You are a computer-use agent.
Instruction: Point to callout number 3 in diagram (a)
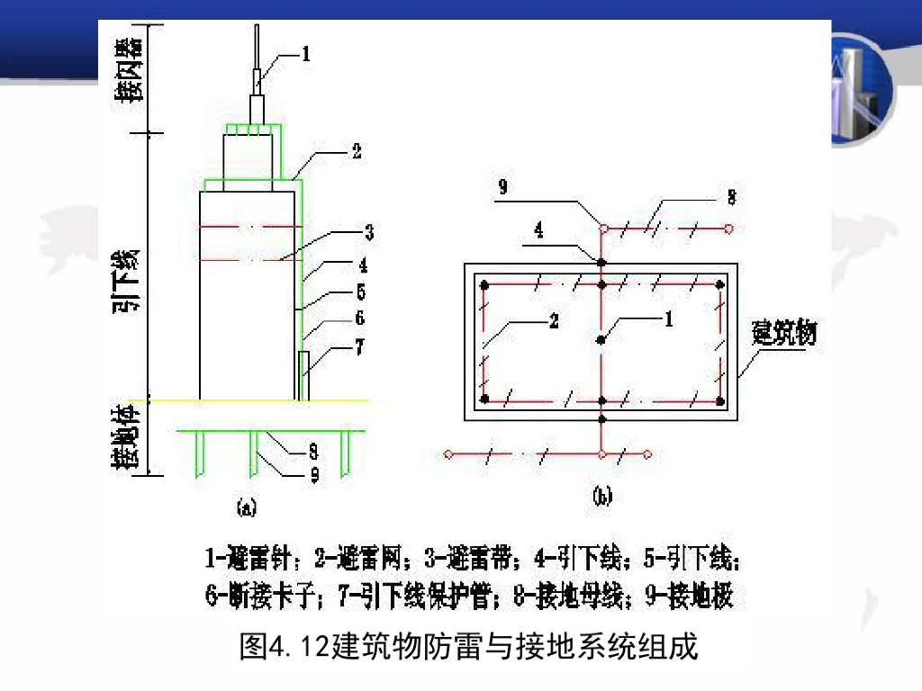[x=368, y=234]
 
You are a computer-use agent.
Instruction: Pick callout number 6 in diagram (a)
[x=359, y=319]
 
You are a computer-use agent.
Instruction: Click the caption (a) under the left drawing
[x=246, y=508]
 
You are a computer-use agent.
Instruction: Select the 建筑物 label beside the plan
[x=783, y=336]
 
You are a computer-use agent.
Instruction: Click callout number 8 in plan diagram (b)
[x=732, y=196]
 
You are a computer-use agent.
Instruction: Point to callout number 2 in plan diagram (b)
[x=553, y=321]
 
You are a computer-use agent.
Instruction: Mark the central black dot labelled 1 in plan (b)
[x=601, y=339]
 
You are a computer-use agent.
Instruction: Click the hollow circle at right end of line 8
[x=728, y=229]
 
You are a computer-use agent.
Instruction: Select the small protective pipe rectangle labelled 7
[x=303, y=375]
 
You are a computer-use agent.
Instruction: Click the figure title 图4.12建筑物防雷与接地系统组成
[x=468, y=646]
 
